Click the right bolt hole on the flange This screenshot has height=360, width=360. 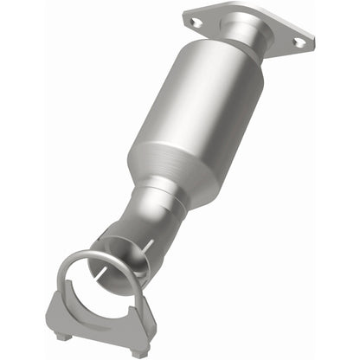coord(299,41)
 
